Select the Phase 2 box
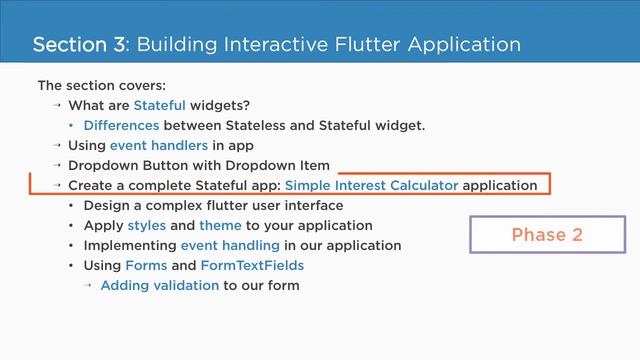tap(546, 235)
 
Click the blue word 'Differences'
tap(121, 125)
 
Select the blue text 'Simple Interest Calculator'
tap(372, 185)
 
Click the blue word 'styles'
tap(147, 225)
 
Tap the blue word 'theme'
tap(220, 225)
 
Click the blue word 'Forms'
tap(146, 265)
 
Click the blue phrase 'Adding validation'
tap(160, 285)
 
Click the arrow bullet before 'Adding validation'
tap(88, 285)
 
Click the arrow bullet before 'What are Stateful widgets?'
tap(57, 105)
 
